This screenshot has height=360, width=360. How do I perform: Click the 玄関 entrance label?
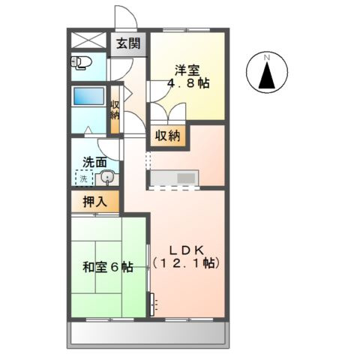[127, 44]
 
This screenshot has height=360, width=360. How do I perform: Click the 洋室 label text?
[187, 70]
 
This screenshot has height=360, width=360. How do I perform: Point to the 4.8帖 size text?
[188, 84]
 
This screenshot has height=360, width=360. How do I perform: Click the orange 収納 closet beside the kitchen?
[168, 136]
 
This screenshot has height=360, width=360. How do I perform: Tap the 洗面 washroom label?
[94, 160]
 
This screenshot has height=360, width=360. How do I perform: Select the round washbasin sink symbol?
[106, 178]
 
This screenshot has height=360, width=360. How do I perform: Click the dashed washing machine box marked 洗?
[84, 178]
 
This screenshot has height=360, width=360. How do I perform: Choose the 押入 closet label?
[94, 201]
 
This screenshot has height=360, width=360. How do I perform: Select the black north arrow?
[267, 75]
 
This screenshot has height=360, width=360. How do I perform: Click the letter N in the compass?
[267, 56]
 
